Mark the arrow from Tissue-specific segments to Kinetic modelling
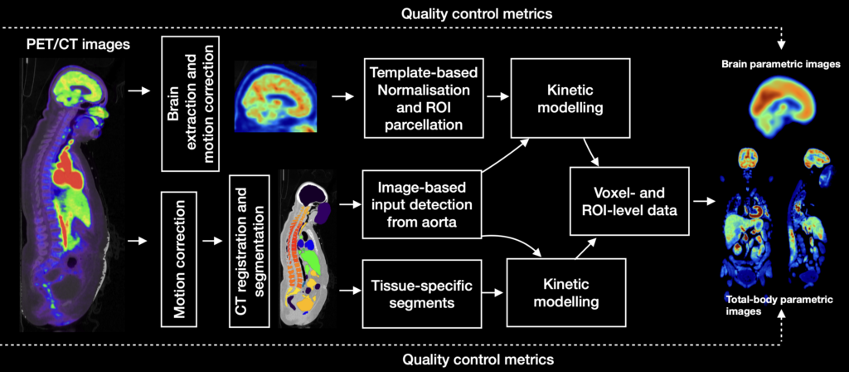pyautogui.click(x=495, y=293)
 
